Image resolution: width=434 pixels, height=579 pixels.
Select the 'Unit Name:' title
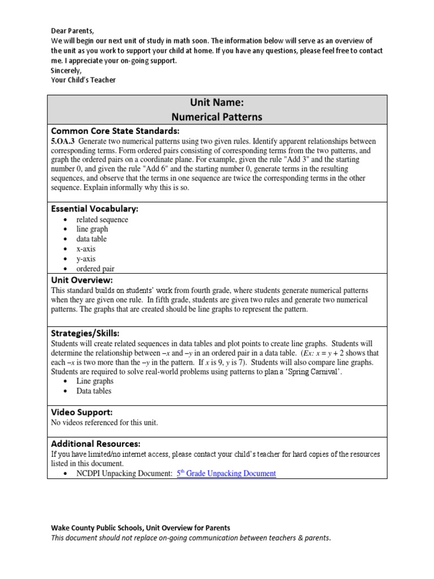tap(217, 103)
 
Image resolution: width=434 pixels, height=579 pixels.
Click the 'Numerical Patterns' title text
tap(217, 118)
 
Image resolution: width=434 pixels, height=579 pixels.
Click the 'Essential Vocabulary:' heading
tap(94, 209)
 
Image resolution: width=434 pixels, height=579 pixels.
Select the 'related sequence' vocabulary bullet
tap(102, 219)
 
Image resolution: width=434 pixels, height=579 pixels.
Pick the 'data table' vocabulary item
tap(92, 239)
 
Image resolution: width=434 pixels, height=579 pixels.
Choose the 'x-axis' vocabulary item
tap(86, 249)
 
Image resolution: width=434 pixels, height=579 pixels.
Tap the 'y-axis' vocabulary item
tap(86, 259)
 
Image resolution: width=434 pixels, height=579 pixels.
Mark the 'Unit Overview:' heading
tap(82, 280)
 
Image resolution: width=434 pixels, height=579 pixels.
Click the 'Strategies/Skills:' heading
tap(85, 333)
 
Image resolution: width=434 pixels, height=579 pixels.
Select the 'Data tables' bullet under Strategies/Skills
tap(94, 391)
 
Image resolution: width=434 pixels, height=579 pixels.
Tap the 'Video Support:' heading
tap(82, 412)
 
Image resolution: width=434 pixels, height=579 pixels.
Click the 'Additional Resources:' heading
tap(96, 444)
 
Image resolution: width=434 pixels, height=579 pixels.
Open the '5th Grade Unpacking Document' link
tap(226, 473)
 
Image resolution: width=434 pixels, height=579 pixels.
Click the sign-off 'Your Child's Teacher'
tap(83, 80)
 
